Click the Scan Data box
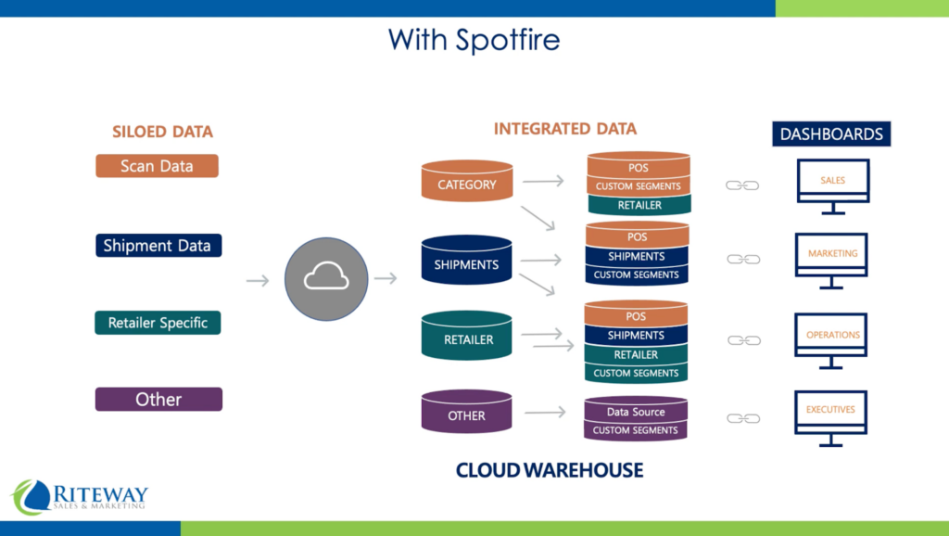[x=157, y=166]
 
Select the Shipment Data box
[x=158, y=246]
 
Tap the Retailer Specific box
[x=158, y=323]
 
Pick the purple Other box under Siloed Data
[x=158, y=400]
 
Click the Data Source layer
[x=636, y=411]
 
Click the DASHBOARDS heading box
[x=830, y=134]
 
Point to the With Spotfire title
[x=474, y=39]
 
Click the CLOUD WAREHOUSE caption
[x=549, y=470]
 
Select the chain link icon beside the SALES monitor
[x=742, y=185]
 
